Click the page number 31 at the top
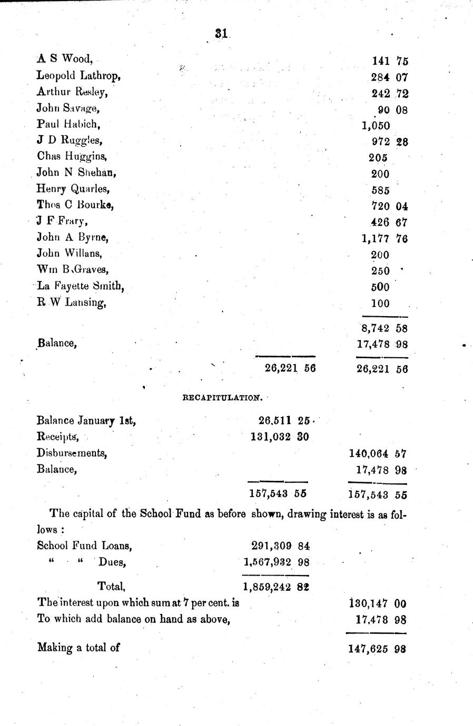tap(221, 33)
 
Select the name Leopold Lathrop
tap(79, 76)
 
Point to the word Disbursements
tap(72, 453)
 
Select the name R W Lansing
tap(71, 303)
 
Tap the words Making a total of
tap(78, 647)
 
